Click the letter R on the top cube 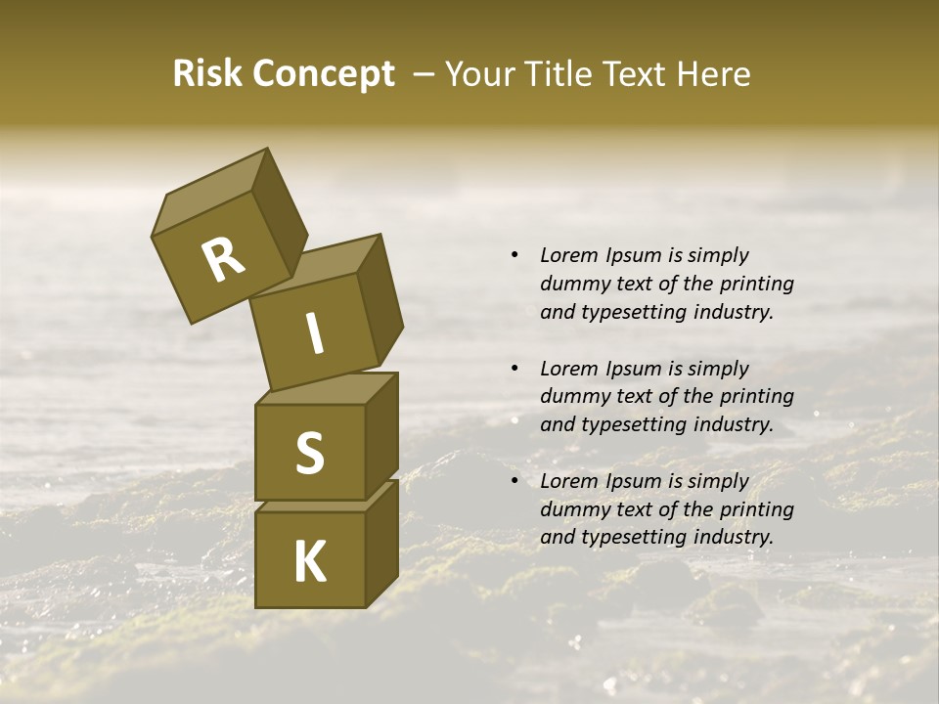pyautogui.click(x=223, y=260)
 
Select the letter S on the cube pyautogui.click(x=309, y=453)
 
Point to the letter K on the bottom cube pyautogui.click(x=309, y=562)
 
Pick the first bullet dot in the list pyautogui.click(x=514, y=255)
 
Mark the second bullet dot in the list pyautogui.click(x=514, y=369)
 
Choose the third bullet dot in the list pyautogui.click(x=514, y=481)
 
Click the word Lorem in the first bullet pyautogui.click(x=568, y=255)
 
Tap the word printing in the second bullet pyautogui.click(x=756, y=396)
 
